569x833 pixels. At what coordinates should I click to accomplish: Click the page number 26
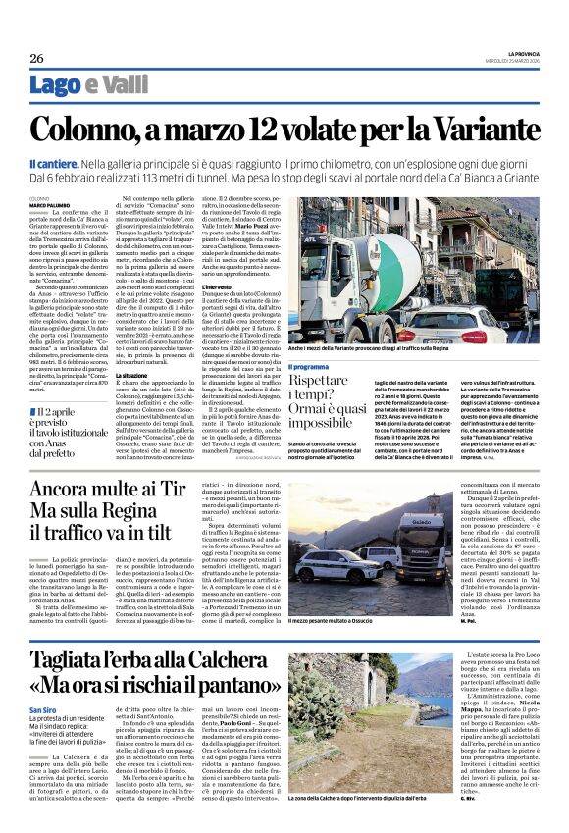36,57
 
